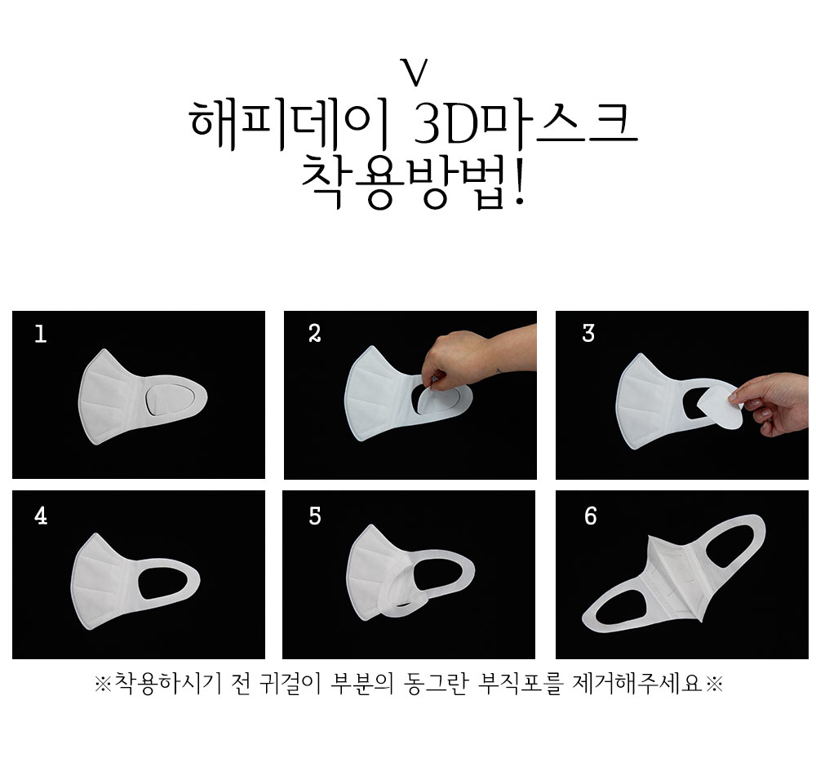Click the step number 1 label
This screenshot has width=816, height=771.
pyautogui.click(x=40, y=334)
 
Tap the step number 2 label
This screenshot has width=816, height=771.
pyautogui.click(x=314, y=334)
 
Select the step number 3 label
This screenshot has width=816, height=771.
pyautogui.click(x=588, y=334)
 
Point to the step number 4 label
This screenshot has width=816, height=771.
pyautogui.click(x=41, y=516)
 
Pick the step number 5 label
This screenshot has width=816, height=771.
pyautogui.click(x=314, y=516)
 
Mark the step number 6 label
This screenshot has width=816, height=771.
pyautogui.click(x=590, y=516)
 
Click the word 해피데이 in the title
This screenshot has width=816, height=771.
pyautogui.click(x=290, y=124)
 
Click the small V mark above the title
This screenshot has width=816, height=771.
pyautogui.click(x=415, y=73)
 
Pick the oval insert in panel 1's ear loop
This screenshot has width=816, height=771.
pyautogui.click(x=170, y=400)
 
